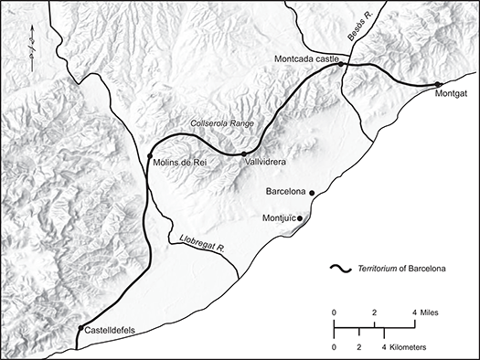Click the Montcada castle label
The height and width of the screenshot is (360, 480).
click(306, 58)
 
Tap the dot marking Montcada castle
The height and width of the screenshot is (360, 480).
click(340, 65)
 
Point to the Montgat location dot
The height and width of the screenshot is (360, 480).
click(439, 85)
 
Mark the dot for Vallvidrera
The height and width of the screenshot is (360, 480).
click(244, 154)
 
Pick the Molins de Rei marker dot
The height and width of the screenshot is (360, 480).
click(149, 157)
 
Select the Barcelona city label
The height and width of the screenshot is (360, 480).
click(285, 193)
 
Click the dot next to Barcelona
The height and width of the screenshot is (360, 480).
click(313, 193)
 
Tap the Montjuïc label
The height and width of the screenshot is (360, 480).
click(281, 218)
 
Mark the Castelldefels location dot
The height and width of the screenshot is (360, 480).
click(81, 328)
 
